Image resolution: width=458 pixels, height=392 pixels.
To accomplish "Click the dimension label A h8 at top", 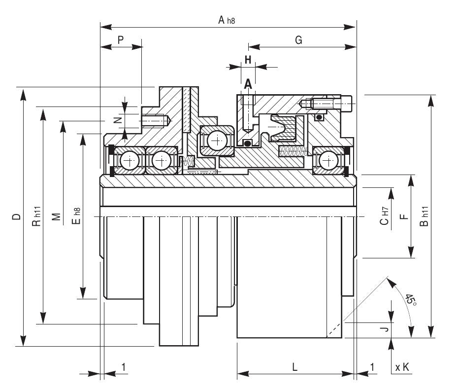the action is click(227, 20).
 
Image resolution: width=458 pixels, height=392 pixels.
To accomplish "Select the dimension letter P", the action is click(121, 40).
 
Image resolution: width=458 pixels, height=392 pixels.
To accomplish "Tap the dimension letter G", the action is click(298, 40).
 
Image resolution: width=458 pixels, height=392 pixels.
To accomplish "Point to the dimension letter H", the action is click(248, 60).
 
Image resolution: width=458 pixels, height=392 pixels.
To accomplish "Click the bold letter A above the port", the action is click(248, 84).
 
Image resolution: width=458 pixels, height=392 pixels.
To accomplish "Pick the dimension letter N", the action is click(118, 120).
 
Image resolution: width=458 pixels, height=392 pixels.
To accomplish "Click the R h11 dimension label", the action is click(36, 216).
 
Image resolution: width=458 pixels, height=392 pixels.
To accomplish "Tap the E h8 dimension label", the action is click(76, 216).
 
